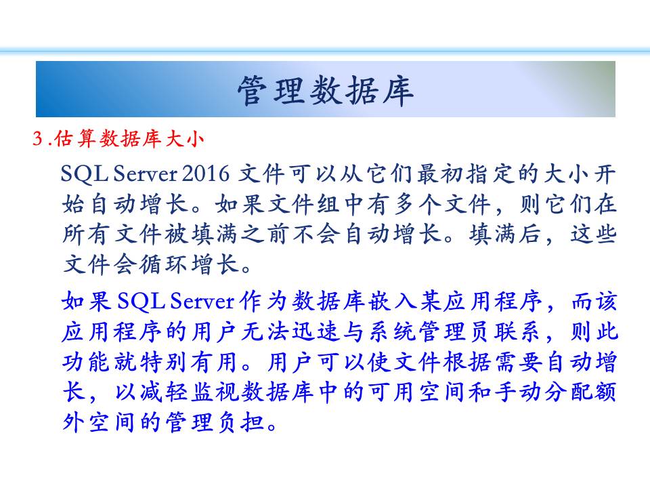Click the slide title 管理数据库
(326, 90)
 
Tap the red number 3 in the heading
(38, 138)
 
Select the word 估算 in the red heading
(74, 138)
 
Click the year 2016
(206, 174)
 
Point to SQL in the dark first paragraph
(85, 174)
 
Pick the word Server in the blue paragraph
(202, 300)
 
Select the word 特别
(162, 362)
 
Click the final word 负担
(240, 422)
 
